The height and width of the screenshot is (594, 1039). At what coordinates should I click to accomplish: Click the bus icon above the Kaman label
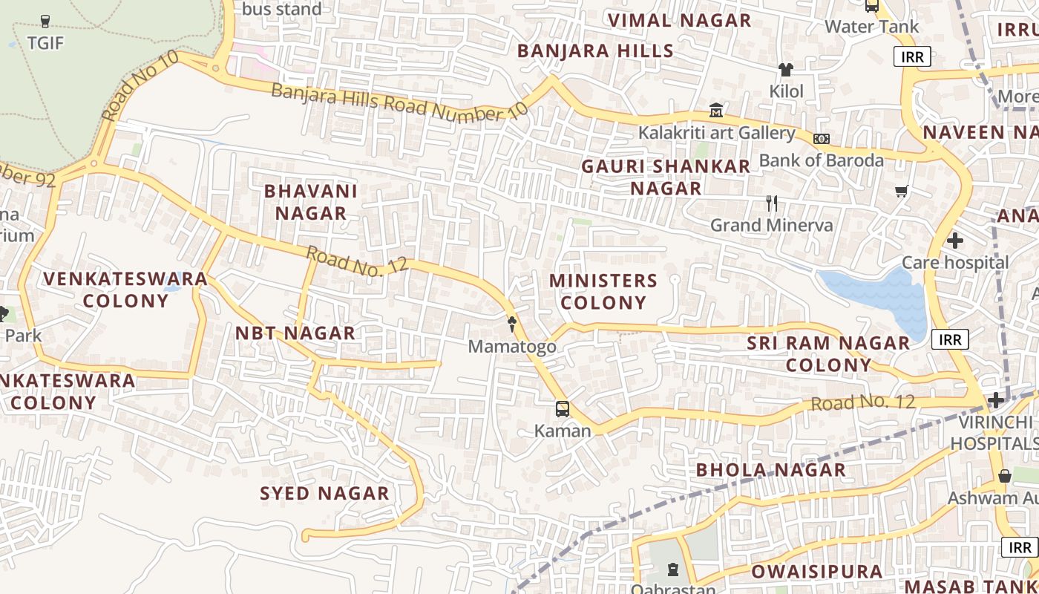(x=563, y=409)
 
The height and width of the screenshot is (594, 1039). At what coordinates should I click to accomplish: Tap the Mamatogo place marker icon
(x=512, y=324)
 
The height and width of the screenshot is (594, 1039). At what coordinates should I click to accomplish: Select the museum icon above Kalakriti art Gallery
(x=716, y=111)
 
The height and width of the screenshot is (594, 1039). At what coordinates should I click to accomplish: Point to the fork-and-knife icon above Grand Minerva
(x=772, y=203)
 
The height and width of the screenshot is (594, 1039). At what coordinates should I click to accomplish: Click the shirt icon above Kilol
(x=786, y=70)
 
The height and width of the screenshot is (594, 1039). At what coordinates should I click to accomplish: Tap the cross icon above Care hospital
(x=955, y=241)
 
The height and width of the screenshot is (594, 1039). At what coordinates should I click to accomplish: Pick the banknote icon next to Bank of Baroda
(x=822, y=139)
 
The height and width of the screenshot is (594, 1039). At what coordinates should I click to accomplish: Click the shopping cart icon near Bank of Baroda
(x=902, y=192)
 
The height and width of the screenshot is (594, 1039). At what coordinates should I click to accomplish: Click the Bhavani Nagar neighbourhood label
(x=311, y=202)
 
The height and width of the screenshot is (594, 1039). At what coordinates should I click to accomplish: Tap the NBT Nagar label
(x=295, y=333)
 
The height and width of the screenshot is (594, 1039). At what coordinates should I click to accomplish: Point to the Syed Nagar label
(x=324, y=494)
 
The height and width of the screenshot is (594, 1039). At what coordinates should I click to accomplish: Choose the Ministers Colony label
(x=603, y=292)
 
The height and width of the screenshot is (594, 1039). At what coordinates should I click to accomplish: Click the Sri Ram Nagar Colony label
(x=828, y=354)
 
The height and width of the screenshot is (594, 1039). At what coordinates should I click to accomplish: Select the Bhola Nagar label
(x=770, y=470)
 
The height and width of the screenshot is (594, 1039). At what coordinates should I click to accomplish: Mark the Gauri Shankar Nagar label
(x=666, y=177)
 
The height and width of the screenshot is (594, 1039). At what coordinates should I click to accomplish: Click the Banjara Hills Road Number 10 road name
(x=399, y=102)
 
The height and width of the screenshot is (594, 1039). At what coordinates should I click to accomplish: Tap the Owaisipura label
(x=817, y=572)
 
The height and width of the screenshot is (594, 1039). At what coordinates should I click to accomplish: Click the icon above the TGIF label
(x=45, y=22)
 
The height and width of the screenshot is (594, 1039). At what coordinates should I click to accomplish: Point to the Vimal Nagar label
(x=680, y=21)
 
